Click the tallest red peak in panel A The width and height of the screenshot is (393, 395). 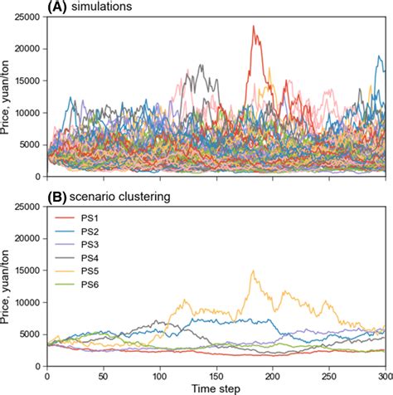(253, 26)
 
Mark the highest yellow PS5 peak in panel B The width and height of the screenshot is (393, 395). (253, 271)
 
